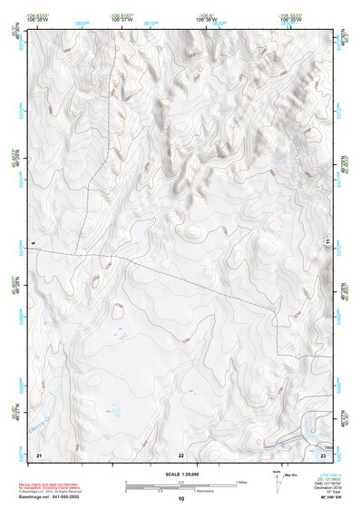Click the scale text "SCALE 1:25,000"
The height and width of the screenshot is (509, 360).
(180, 474)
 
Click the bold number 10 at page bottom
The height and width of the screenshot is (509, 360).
(180, 498)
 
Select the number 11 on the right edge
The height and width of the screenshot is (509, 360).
(328, 244)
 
